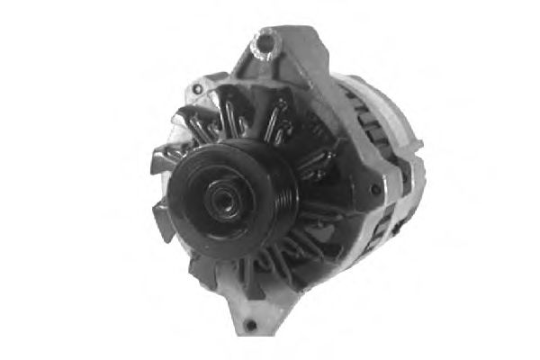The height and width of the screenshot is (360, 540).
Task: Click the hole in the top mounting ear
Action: click(x=265, y=40)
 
